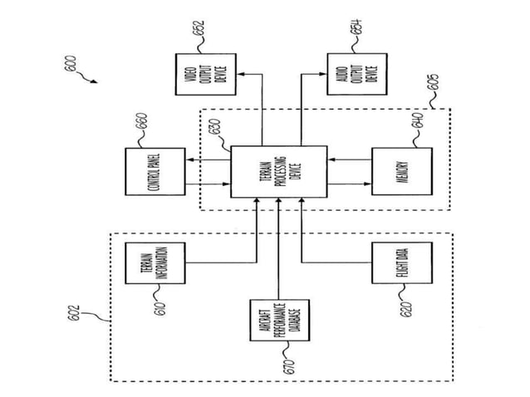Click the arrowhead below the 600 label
pyautogui.click(x=93, y=81)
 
